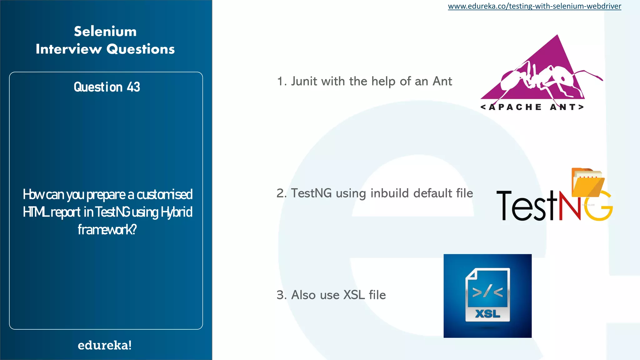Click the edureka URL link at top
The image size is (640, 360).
click(534, 6)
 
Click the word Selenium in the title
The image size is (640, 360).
click(105, 32)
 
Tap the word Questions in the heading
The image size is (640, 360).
click(141, 49)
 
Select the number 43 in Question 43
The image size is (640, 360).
click(133, 87)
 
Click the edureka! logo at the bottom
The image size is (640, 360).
click(105, 345)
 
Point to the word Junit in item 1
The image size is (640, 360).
click(304, 82)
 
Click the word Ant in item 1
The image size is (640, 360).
click(442, 82)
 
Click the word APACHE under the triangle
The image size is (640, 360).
click(515, 107)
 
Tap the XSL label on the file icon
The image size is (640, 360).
click(487, 313)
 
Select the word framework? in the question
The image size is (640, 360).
click(107, 230)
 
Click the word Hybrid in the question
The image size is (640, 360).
click(177, 212)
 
